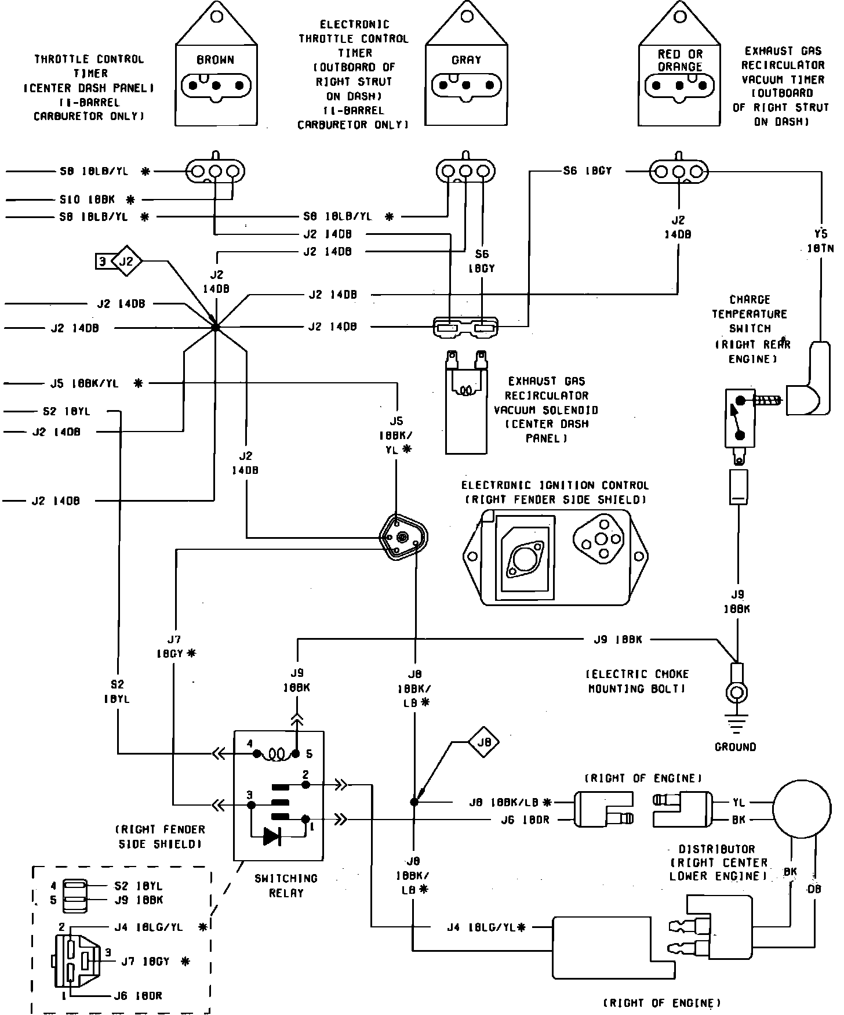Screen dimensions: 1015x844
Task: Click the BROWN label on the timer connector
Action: point(215,60)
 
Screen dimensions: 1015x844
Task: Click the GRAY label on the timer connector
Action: point(466,60)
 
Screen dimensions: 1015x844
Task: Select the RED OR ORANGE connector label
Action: point(680,60)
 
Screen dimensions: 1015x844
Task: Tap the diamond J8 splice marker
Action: point(484,742)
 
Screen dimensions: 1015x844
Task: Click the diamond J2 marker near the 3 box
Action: point(126,262)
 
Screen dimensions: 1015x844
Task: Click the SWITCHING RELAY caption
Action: point(286,886)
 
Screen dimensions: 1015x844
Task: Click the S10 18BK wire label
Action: point(87,200)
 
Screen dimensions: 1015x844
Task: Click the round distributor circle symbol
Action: point(803,811)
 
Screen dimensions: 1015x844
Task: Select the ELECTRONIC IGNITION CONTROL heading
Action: point(555,485)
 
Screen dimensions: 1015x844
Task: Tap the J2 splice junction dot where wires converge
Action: point(216,328)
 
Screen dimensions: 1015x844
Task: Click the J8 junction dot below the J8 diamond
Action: point(414,802)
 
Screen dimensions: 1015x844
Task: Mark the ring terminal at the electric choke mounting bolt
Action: point(737,693)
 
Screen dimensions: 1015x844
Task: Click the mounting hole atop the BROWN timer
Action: point(216,17)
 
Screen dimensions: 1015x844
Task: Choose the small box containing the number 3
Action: point(103,262)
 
